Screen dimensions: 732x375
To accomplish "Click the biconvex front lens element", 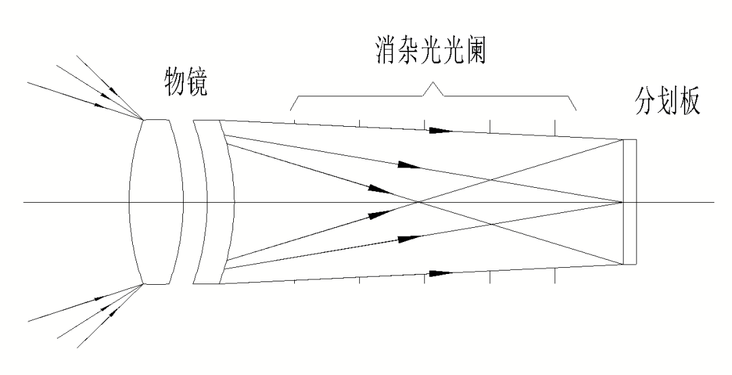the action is [x=157, y=202].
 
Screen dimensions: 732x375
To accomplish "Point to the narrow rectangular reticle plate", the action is [x=630, y=202].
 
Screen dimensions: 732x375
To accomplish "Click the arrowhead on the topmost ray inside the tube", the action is [x=441, y=131].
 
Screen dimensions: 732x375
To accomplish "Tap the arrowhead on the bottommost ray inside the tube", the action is [x=441, y=273].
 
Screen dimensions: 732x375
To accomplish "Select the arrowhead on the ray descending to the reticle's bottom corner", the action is [x=379, y=189].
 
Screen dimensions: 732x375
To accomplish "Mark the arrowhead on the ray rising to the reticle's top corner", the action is [x=379, y=215].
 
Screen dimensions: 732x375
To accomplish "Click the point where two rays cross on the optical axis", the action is [x=419, y=202].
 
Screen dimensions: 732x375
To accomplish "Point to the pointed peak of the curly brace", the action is [x=433, y=84].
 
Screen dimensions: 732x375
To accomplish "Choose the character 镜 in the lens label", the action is [x=197, y=83].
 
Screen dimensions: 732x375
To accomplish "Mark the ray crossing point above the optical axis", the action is [x=491, y=180].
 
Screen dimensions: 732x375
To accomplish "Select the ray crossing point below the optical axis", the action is [x=491, y=224].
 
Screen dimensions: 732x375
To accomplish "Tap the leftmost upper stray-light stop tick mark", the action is [x=295, y=123].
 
